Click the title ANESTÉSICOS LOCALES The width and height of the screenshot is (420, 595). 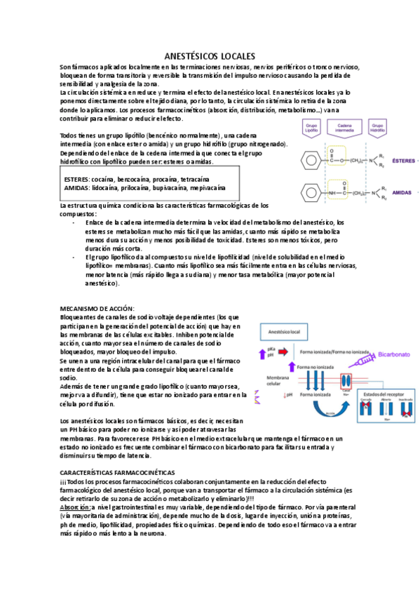coord(209,55)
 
